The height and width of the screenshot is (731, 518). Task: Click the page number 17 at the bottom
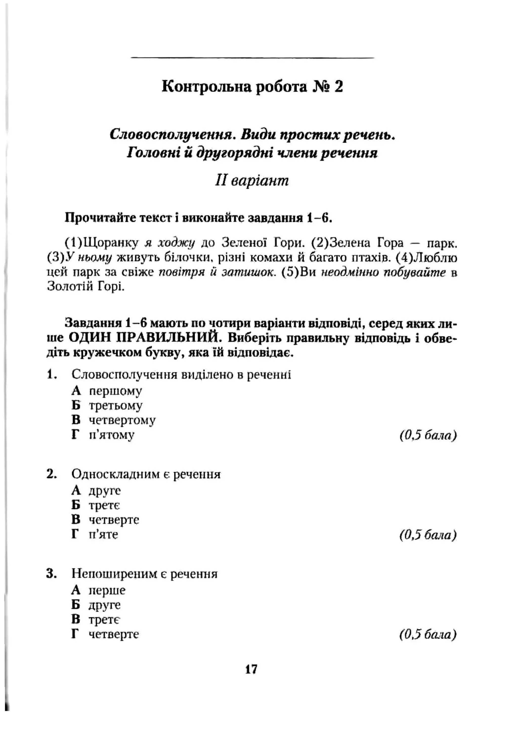251,669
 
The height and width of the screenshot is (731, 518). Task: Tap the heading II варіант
252,181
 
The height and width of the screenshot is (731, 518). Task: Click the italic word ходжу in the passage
176,243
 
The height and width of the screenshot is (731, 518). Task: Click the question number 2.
51,474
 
